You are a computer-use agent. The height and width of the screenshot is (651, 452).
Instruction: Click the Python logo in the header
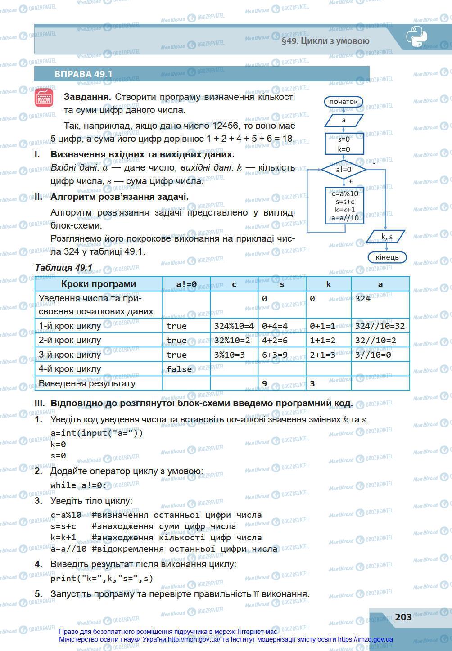(416, 37)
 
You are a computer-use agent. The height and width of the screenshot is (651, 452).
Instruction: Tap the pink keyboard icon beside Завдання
(44, 98)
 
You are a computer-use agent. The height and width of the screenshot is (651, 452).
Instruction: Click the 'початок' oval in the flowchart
(344, 102)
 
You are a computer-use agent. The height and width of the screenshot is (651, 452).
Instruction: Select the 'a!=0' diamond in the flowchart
(344, 170)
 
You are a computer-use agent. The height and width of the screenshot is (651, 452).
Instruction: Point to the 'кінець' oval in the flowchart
(387, 257)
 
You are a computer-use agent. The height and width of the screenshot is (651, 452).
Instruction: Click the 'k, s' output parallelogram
(386, 236)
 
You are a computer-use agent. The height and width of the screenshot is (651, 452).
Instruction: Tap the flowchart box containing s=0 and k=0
(344, 144)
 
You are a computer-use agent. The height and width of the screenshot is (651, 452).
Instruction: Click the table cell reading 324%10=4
(234, 326)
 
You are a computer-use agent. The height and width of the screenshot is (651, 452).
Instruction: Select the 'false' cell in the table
(179, 369)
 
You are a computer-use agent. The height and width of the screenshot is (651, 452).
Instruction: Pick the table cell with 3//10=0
(373, 355)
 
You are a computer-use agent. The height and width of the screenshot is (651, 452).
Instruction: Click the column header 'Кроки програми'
(99, 284)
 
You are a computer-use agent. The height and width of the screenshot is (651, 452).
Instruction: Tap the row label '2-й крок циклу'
(70, 340)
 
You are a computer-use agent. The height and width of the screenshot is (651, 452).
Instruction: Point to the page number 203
(403, 617)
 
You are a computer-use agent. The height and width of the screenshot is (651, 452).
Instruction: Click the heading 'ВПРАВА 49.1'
(83, 74)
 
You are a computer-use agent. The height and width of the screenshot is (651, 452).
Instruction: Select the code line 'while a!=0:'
(79, 485)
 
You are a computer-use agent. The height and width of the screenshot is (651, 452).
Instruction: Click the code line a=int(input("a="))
(97, 433)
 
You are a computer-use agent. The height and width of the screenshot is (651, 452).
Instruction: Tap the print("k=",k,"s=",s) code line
(102, 579)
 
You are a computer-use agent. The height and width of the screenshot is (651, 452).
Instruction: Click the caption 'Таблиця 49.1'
(63, 268)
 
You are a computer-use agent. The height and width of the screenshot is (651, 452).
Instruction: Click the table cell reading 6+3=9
(275, 355)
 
